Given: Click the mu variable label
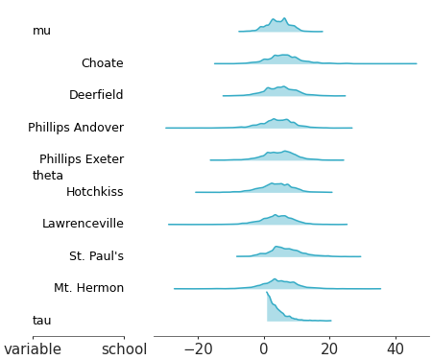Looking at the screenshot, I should [41, 31].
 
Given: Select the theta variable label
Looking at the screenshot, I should [48, 176].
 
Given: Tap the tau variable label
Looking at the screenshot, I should [41, 321].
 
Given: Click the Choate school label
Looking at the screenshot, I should [102, 63].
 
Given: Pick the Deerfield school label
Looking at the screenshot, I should [96, 95].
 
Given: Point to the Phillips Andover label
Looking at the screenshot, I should [76, 128].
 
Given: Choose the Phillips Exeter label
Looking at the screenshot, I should [82, 159].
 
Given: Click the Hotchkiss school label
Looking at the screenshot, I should [94, 192].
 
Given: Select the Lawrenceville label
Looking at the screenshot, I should [83, 224].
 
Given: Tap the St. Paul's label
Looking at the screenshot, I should [96, 256].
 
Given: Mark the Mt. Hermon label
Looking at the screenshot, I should [88, 288].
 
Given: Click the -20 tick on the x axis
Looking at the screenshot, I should [198, 349].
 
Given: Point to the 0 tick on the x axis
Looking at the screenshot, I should [264, 349].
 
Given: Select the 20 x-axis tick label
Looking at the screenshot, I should [329, 349].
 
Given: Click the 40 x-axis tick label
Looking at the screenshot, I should [396, 349].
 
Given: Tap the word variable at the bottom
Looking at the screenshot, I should [33, 349].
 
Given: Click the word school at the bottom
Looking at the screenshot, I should [125, 349].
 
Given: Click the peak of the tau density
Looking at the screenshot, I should [268, 293].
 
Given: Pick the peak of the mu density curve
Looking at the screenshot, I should [284, 18].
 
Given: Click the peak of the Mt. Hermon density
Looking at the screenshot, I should [275, 279].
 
